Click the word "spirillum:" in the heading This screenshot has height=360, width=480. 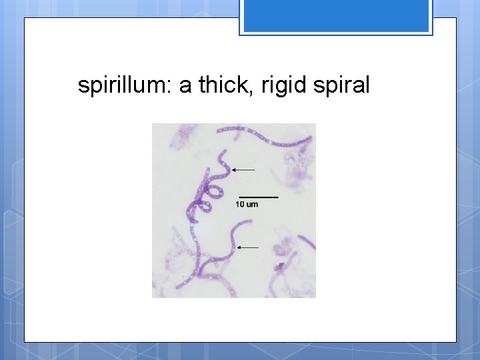point(125,86)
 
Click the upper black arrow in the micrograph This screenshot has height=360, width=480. point(243,170)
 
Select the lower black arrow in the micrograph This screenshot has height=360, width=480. point(248,247)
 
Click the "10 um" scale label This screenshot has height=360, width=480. point(247,204)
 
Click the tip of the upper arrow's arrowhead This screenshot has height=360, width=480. point(233,170)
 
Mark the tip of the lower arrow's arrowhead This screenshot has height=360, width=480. point(238,247)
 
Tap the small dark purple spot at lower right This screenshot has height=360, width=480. point(281,266)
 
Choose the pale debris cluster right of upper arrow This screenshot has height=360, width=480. point(293,170)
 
